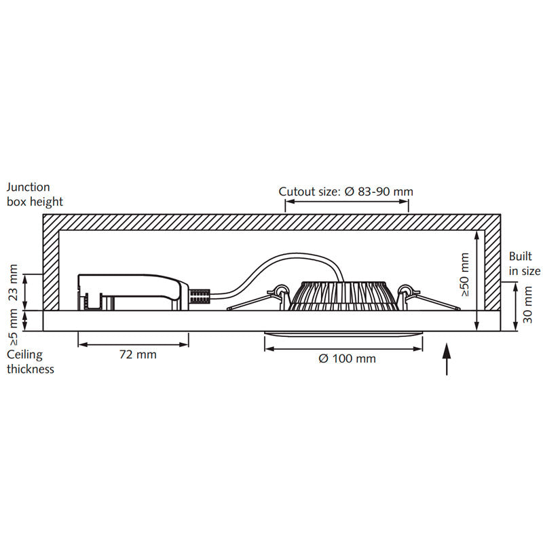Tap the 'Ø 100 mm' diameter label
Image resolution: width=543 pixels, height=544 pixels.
tap(347, 359)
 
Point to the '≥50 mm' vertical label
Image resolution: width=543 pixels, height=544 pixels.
tap(464, 274)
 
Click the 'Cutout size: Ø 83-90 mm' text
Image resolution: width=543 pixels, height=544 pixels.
tap(345, 192)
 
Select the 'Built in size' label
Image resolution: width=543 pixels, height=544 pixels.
tap(525, 264)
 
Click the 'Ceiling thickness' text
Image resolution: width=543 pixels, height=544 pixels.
tap(30, 362)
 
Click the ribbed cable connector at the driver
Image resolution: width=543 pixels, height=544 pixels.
tap(200, 297)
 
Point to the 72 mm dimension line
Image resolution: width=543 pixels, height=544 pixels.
tap(133, 344)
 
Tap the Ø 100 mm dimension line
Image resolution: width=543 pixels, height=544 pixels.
tap(343, 348)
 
